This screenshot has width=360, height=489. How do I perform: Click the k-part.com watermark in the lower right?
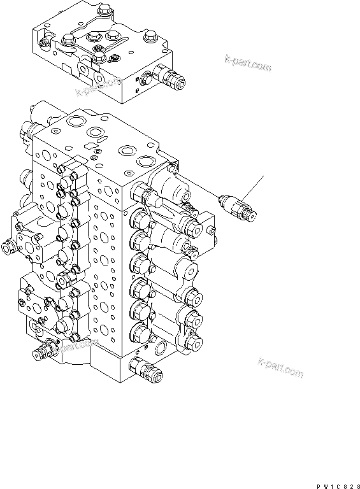[x=281, y=369]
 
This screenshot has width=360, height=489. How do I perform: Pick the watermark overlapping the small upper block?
[x=98, y=86]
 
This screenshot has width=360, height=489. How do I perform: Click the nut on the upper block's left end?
[x=43, y=43]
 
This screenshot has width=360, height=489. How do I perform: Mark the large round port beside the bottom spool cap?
[x=168, y=349]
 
